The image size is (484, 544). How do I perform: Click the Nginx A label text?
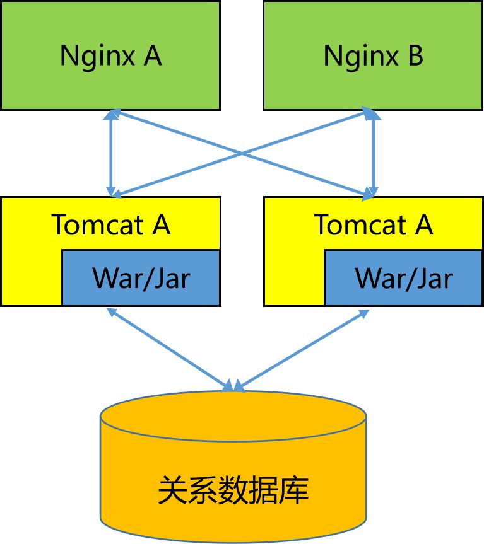tap(110, 55)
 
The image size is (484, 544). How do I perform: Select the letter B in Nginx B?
tap(415, 55)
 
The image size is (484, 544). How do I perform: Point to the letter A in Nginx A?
tap(153, 55)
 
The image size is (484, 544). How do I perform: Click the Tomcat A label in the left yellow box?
tap(110, 224)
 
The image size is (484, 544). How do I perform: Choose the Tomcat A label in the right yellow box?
tap(373, 224)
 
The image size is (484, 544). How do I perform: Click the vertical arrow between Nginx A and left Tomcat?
tap(111, 153)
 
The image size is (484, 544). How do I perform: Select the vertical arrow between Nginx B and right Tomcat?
tap(374, 153)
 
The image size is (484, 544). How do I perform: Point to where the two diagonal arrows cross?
tap(242, 153)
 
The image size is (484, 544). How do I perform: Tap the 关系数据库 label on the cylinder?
tap(233, 490)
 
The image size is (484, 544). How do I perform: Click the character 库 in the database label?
tap(293, 490)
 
